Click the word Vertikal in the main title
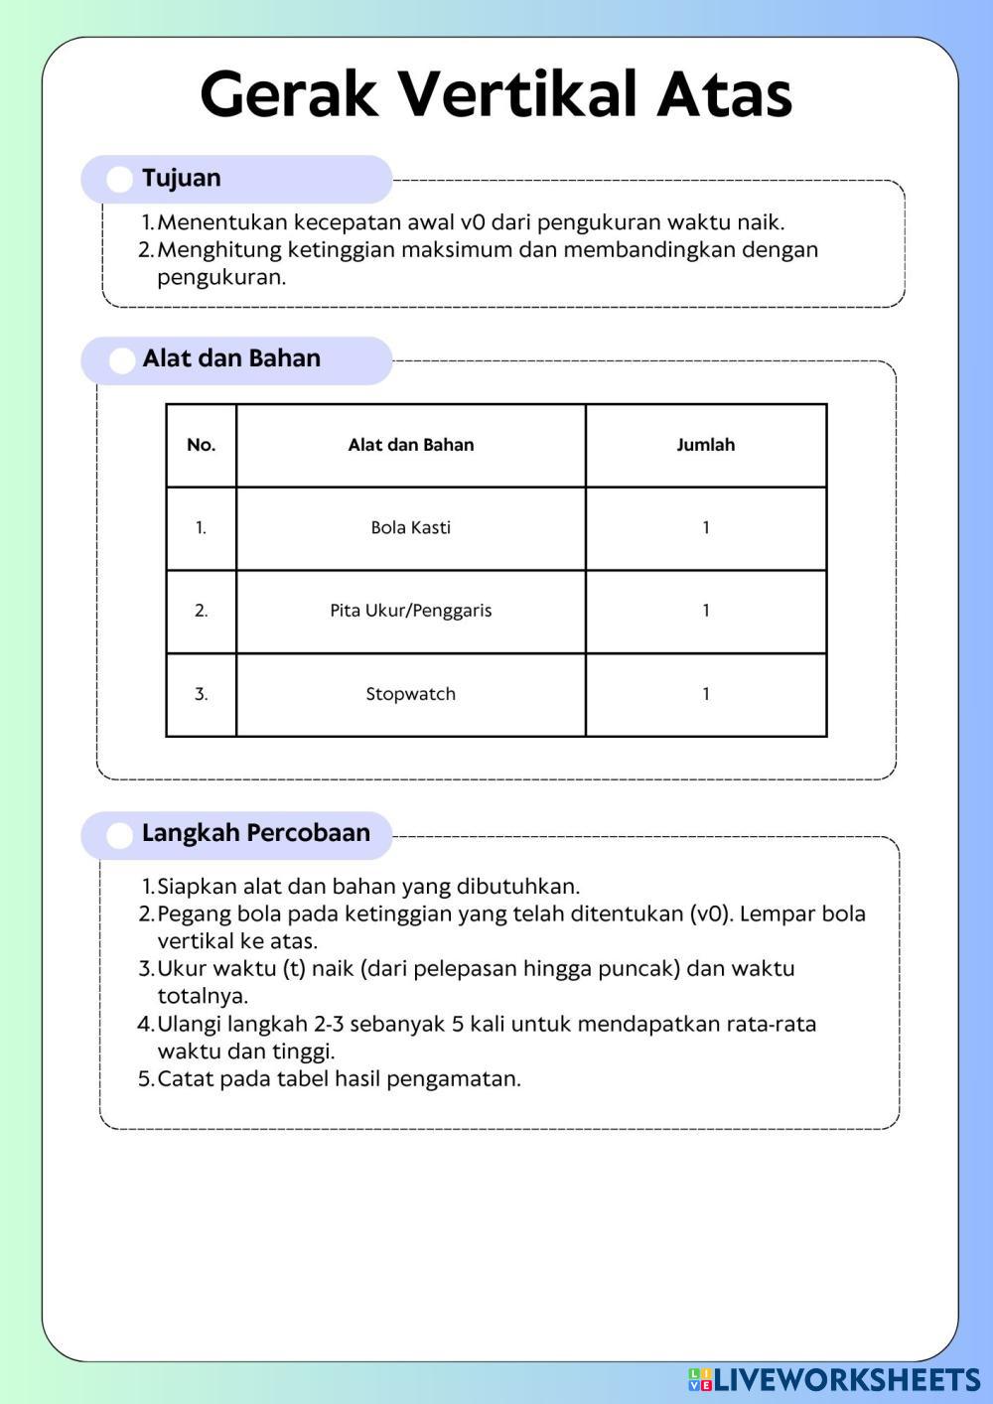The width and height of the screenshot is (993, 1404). pyautogui.click(x=517, y=94)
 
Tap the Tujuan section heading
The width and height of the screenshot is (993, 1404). pyautogui.click(x=182, y=179)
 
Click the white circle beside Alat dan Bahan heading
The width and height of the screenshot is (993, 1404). pyautogui.click(x=121, y=360)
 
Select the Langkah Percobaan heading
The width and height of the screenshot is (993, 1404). pyautogui.click(x=255, y=833)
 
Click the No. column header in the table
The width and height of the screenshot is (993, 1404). pyautogui.click(x=201, y=445)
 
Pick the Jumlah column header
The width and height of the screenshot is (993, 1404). pyautogui.click(x=705, y=445)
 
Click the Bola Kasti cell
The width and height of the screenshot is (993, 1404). pyautogui.click(x=410, y=528)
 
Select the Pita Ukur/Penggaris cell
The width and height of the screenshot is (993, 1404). pyautogui.click(x=410, y=611)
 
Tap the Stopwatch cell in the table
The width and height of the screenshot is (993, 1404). pyautogui.click(x=410, y=694)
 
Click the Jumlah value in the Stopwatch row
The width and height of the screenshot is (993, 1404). pyautogui.click(x=705, y=694)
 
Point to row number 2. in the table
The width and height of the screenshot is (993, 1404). pyautogui.click(x=201, y=611)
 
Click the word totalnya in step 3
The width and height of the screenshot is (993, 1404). pyautogui.click(x=203, y=996)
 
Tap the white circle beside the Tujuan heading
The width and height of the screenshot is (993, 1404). pyautogui.click(x=119, y=180)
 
